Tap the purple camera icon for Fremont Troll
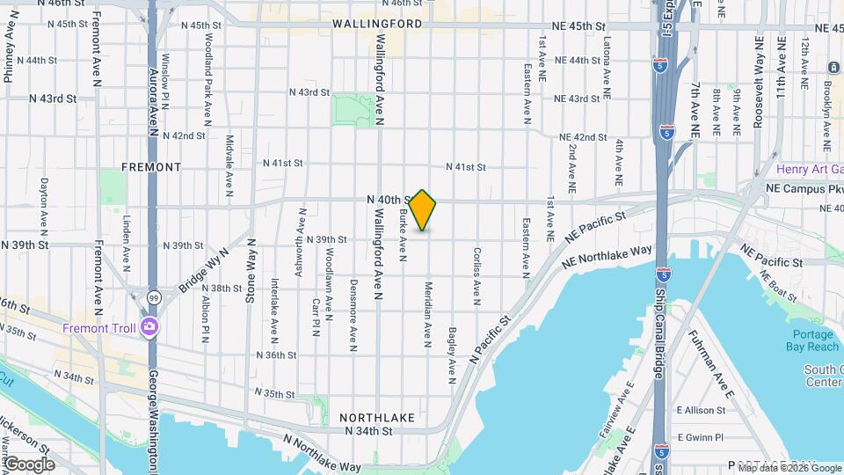pyautogui.click(x=149, y=328)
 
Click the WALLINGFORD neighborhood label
pyautogui.click(x=377, y=24)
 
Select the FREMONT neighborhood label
pyautogui.click(x=151, y=166)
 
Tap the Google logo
pyautogui.click(x=28, y=464)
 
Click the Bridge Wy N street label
pyautogui.click(x=205, y=268)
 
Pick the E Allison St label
pyautogui.click(x=699, y=411)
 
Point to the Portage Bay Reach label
pyautogui.click(x=813, y=340)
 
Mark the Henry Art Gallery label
pyautogui.click(x=809, y=169)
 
